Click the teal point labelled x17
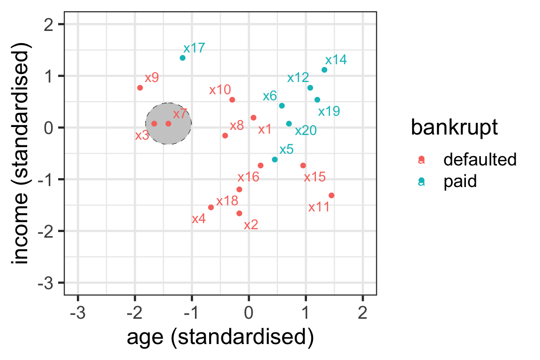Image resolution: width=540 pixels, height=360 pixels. [x=182, y=58]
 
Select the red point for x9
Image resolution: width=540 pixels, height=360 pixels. [x=140, y=88]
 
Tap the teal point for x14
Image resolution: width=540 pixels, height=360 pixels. [x=324, y=70]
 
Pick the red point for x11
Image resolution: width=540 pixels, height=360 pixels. [x=331, y=195]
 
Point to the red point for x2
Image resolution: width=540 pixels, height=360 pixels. [x=239, y=213]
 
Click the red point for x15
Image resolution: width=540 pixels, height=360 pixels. [x=303, y=165]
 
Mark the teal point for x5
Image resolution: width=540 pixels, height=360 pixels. [x=275, y=159]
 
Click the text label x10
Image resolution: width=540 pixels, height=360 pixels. [x=220, y=90]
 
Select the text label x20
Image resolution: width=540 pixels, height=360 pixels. [x=306, y=130]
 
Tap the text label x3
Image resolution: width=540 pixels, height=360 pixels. [x=142, y=135]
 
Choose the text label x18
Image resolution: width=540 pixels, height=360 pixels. [x=227, y=201]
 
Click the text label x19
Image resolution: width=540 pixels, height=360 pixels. [x=329, y=112]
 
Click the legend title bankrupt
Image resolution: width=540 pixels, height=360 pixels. [x=454, y=127]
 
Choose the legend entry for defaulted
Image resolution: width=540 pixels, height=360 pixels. [x=480, y=160]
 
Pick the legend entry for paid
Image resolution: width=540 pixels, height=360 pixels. [x=460, y=181]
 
